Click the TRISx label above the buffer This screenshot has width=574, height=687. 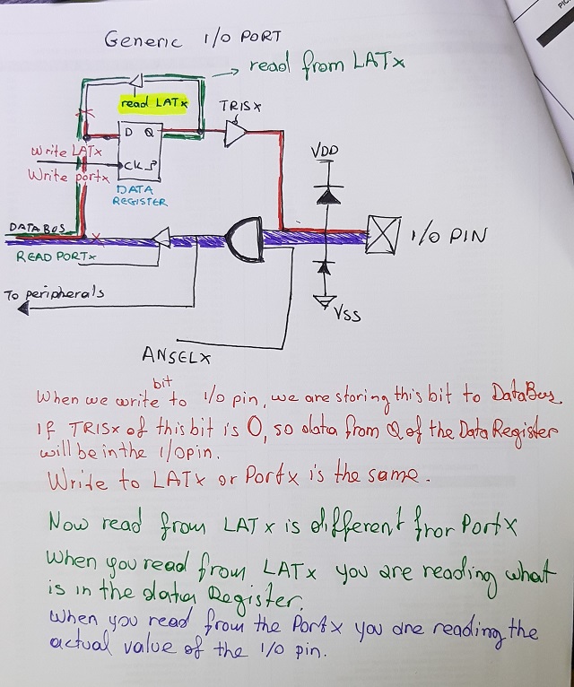pos(240,106)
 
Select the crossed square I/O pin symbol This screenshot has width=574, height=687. pos(382,236)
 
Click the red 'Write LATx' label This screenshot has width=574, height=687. pos(65,152)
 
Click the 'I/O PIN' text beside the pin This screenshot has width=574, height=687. pos(448,236)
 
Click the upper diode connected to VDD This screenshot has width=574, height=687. pos(326,193)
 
